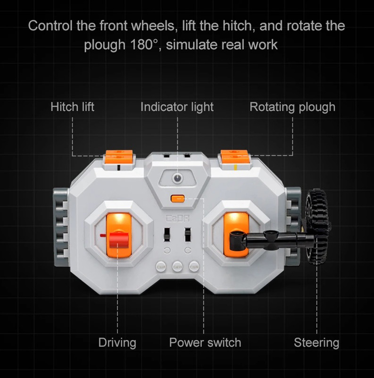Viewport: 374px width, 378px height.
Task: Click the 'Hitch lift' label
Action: point(72,107)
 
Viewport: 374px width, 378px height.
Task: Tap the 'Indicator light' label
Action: point(177,107)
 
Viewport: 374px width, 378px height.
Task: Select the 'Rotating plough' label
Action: point(292,107)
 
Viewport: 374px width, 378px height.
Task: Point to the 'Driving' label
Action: point(117,343)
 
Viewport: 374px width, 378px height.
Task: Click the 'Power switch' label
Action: point(205,343)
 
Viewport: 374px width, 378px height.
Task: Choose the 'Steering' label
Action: point(316,343)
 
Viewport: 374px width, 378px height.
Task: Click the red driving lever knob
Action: point(119,240)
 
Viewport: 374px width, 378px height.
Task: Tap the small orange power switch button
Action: point(178,199)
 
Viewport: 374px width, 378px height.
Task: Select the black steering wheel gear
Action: point(318,227)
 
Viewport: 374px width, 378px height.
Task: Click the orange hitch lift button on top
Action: point(119,157)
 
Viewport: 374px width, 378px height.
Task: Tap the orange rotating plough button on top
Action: point(234,157)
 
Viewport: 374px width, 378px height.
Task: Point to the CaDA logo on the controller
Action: point(178,219)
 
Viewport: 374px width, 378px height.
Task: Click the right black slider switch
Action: point(188,234)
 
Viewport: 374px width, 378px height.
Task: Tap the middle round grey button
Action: point(178,266)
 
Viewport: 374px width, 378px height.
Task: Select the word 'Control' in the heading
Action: point(50,26)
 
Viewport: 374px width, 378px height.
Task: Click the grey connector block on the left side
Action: point(61,227)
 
